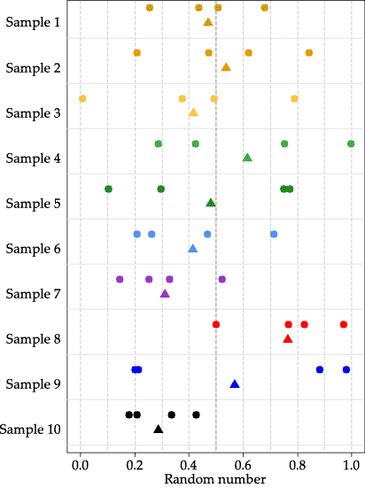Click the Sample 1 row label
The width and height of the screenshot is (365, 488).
(32, 22)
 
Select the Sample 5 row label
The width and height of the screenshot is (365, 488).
(32, 204)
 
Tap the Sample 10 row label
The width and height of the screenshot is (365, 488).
(30, 430)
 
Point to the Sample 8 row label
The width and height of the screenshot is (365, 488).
(32, 339)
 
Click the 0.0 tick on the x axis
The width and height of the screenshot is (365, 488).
(81, 463)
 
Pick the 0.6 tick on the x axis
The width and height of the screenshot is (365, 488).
(244, 463)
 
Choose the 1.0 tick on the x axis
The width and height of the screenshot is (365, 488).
(352, 463)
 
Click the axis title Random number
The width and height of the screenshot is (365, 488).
(215, 479)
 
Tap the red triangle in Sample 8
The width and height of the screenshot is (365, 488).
(288, 339)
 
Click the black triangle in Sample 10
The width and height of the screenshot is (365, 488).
(159, 430)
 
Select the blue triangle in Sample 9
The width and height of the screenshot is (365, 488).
(235, 384)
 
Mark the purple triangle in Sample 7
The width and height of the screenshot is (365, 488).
(165, 294)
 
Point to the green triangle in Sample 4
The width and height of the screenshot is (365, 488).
(247, 158)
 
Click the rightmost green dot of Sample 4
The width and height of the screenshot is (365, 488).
(351, 143)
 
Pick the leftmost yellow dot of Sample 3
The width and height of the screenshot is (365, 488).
(82, 98)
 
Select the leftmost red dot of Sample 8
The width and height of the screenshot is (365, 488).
(216, 324)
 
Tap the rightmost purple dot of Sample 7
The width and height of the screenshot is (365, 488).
(222, 279)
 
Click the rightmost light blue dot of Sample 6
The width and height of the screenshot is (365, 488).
(274, 234)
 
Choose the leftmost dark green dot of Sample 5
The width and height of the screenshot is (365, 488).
(108, 189)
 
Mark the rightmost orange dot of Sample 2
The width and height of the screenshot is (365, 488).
(309, 53)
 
